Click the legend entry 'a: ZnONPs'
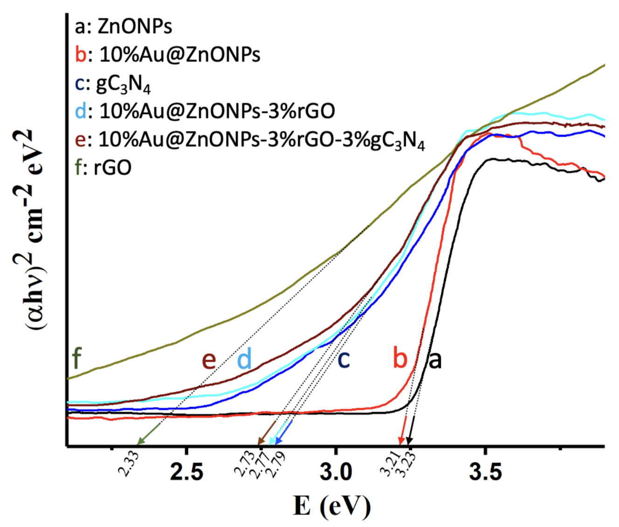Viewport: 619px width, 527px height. point(123,27)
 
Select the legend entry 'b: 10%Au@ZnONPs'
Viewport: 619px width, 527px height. point(168,55)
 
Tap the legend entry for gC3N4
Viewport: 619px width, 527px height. point(113,84)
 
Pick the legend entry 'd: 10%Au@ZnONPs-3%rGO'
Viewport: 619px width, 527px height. point(205,111)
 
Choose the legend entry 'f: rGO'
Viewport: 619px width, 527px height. point(103,167)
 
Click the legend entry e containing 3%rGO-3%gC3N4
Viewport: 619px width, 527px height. point(250,140)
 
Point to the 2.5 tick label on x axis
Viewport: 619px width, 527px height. point(186,472)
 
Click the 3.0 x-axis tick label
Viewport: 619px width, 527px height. point(336,472)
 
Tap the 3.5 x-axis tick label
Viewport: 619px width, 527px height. point(485,472)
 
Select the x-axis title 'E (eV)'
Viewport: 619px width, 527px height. point(332,506)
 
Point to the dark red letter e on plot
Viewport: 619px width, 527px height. point(208,360)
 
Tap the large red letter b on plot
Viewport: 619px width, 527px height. point(400,358)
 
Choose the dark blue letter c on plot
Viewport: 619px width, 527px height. point(343,360)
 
